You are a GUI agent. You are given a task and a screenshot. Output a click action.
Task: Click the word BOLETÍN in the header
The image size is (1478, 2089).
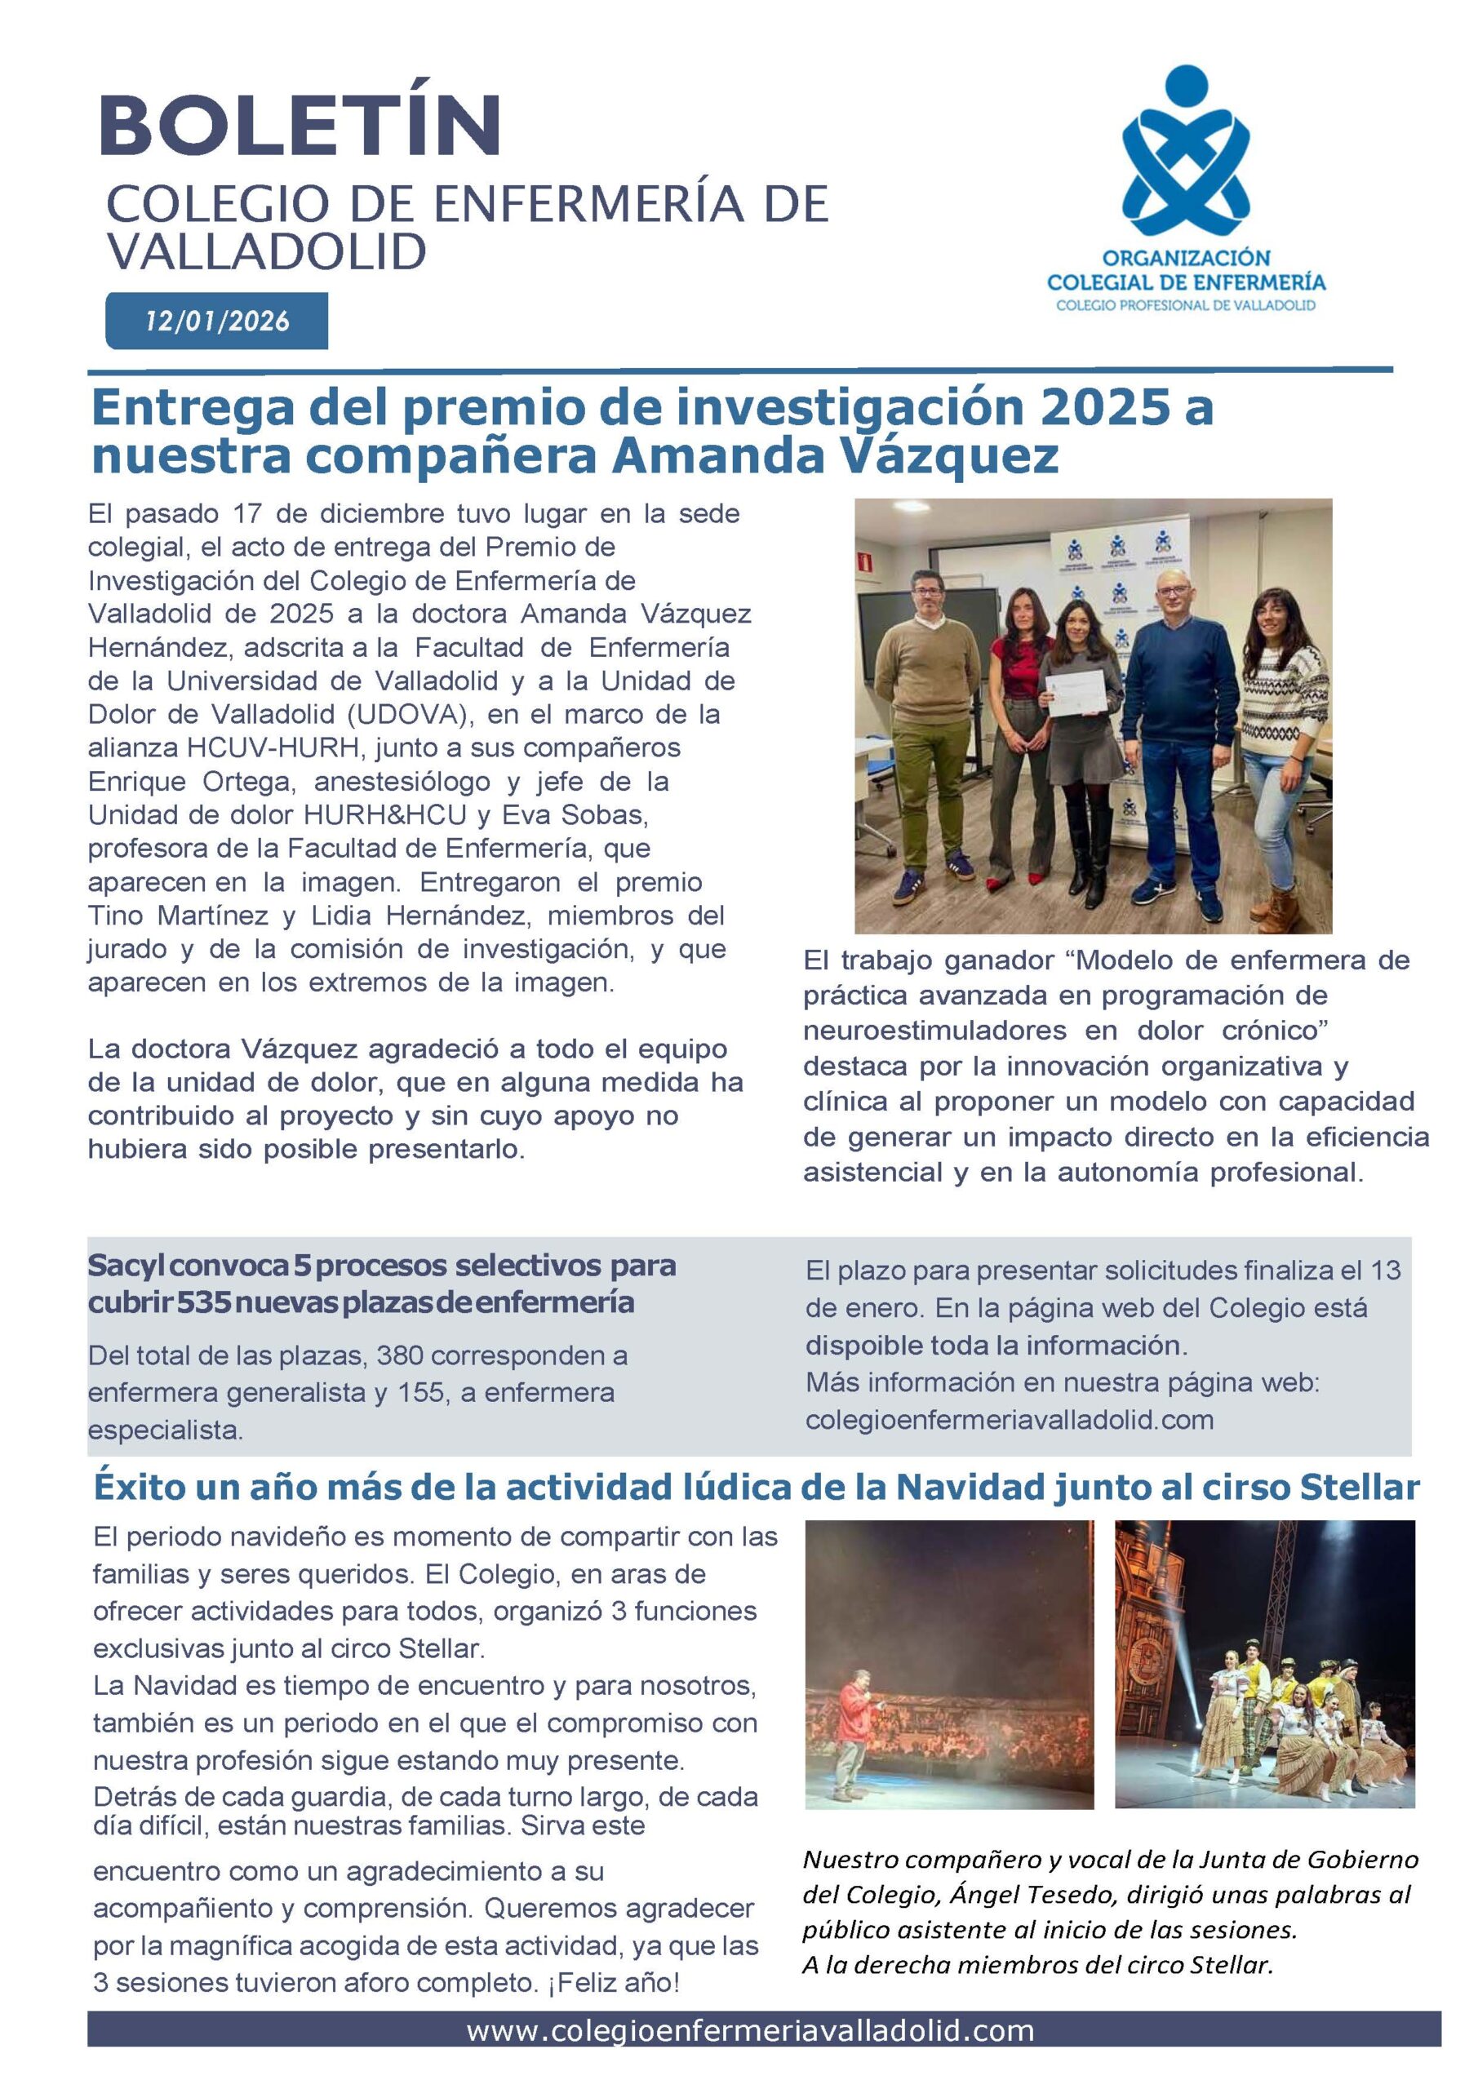[300, 125]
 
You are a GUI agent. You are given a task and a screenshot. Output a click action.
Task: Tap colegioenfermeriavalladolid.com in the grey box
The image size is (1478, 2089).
[1010, 1420]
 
